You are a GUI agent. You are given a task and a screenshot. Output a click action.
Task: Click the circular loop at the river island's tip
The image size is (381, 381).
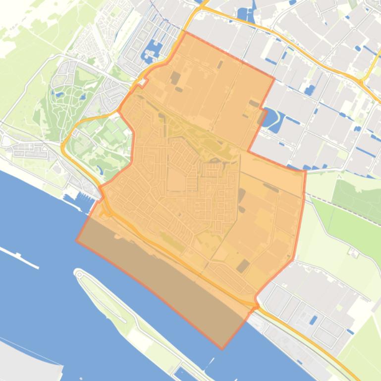79,273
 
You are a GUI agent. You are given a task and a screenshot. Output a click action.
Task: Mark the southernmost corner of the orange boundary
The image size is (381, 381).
222,348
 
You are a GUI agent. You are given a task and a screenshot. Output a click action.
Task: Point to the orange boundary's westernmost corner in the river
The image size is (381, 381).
77,240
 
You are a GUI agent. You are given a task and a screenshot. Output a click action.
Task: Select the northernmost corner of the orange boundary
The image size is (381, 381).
186,33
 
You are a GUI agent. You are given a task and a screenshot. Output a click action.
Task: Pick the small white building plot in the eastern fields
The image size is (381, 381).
355,253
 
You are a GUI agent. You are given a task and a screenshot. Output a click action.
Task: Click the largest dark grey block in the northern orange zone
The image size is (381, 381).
175,78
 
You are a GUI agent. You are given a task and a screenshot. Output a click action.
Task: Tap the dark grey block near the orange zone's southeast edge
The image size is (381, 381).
243,266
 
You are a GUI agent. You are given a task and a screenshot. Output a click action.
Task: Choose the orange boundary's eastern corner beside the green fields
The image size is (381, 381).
305,171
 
